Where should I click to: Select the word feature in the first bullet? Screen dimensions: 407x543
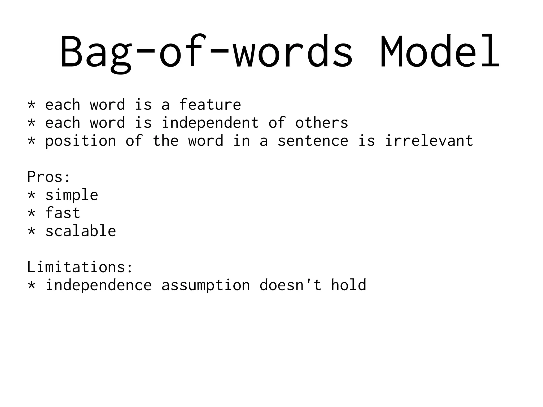tap(210, 104)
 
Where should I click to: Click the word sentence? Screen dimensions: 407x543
tap(313, 141)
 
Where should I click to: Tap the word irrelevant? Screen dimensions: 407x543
tap(429, 141)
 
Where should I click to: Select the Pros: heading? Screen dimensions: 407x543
tap(49, 177)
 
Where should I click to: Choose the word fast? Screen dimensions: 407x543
tap(63, 213)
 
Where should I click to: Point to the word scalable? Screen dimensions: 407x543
tap(81, 231)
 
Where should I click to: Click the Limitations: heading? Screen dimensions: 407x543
tap(80, 267)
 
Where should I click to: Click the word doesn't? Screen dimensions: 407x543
tap(291, 285)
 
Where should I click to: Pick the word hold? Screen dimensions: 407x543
tap(348, 285)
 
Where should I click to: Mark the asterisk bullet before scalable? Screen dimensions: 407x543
tap(31, 230)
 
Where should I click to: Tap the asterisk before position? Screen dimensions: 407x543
tap(31, 140)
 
